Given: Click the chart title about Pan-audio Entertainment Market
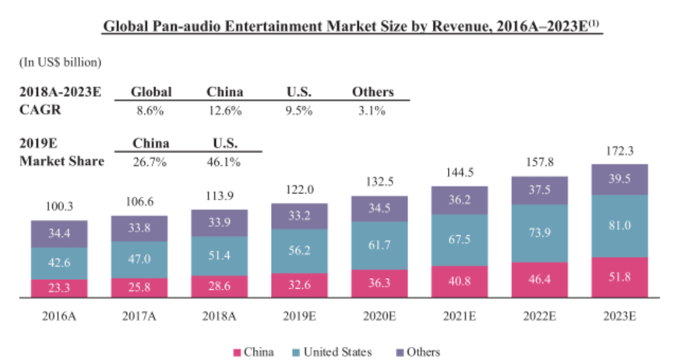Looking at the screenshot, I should coord(354,27).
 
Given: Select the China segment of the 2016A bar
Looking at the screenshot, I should coord(59,287).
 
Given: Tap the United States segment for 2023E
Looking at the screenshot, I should coord(621,226).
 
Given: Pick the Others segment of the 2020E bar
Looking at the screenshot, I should coord(379,207).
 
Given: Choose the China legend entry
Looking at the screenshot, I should coord(254,351).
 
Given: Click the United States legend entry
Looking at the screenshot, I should coord(331,351).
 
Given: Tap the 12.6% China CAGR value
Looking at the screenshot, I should coord(225,111).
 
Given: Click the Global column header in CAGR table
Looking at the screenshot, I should coord(150,92).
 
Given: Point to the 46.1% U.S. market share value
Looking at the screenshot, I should coord(225,162).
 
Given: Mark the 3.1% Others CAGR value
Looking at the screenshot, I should coord(372,111).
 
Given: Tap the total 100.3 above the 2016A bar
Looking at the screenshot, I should coord(59,206).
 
